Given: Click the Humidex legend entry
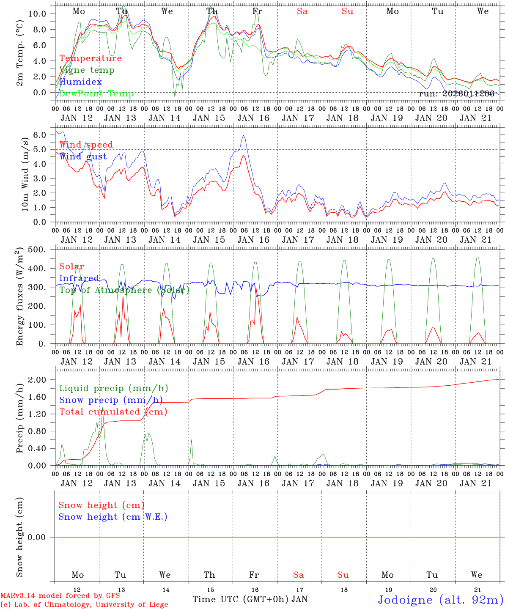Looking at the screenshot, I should tap(80, 82).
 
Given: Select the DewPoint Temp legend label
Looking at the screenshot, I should tap(96, 94).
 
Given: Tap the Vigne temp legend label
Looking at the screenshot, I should tap(87, 70).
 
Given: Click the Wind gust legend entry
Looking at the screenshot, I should tap(83, 156).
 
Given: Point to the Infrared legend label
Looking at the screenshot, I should tap(79, 278).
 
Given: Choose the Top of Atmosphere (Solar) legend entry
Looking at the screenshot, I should tap(124, 290).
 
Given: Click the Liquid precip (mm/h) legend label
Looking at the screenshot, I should tap(114, 388).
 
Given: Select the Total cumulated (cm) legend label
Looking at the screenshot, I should tap(113, 412).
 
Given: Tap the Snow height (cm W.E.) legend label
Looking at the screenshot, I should tap(113, 517).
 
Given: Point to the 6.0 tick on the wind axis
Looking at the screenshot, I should tap(39, 135).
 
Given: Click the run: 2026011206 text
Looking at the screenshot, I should tap(456, 94).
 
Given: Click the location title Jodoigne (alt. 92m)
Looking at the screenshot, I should tap(440, 600).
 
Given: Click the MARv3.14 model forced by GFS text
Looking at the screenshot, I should tap(60, 596).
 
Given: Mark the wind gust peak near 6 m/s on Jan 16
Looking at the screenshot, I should tap(243, 135).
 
